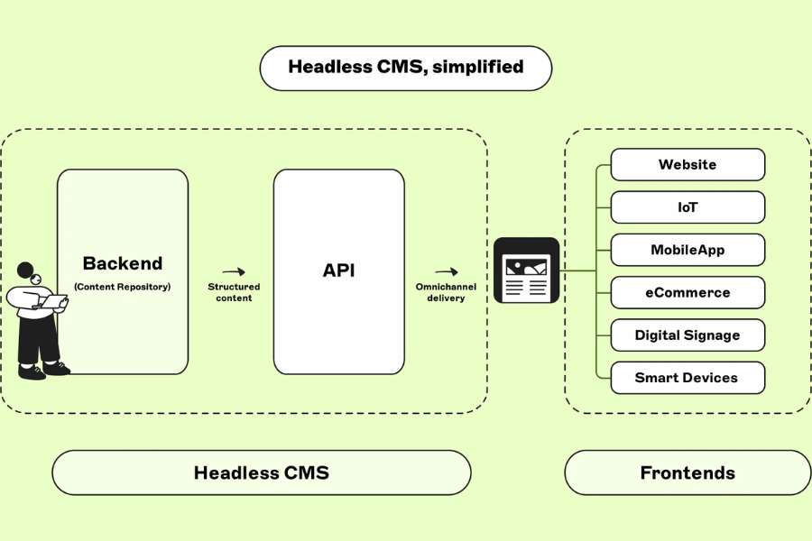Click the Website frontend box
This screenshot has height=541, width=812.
[x=687, y=165]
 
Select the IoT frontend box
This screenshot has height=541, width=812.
[x=687, y=207]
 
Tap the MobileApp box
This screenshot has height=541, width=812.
[x=687, y=250]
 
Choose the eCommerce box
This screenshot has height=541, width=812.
[x=687, y=292]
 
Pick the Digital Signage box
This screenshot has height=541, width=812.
[x=687, y=335]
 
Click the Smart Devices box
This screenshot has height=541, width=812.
[x=687, y=378]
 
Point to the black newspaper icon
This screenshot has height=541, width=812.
[x=527, y=270]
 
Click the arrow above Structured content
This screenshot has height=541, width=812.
[x=234, y=271]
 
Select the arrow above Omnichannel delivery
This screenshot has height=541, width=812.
[x=446, y=271]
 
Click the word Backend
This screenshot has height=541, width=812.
[x=123, y=263]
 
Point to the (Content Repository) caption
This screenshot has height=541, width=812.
[x=123, y=287]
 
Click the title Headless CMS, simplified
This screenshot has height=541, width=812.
[x=405, y=68]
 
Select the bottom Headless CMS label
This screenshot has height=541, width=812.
[x=262, y=472]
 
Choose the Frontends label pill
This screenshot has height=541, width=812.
[x=687, y=472]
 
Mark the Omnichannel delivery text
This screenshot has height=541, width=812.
[x=446, y=292]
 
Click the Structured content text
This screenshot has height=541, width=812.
[x=234, y=292]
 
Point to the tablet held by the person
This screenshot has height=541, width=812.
[x=56, y=305]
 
